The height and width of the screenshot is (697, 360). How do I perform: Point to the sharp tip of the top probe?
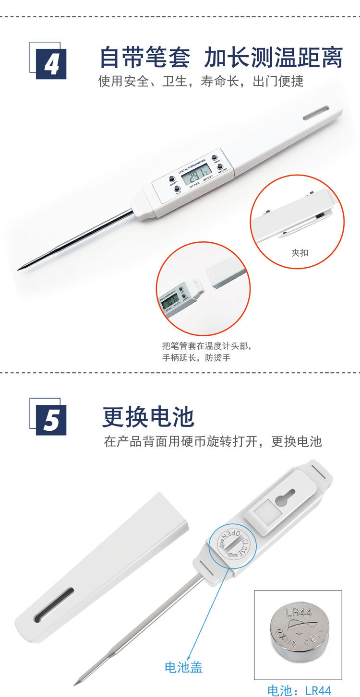coord(19,270)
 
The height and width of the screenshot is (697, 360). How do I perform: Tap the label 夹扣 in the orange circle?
coord(300,252)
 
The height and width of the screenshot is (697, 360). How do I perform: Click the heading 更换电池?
coord(148,416)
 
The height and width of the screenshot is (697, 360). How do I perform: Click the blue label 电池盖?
coord(183,667)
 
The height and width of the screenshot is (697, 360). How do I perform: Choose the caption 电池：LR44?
coord(299,690)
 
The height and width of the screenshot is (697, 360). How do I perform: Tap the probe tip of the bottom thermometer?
coord(76,683)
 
